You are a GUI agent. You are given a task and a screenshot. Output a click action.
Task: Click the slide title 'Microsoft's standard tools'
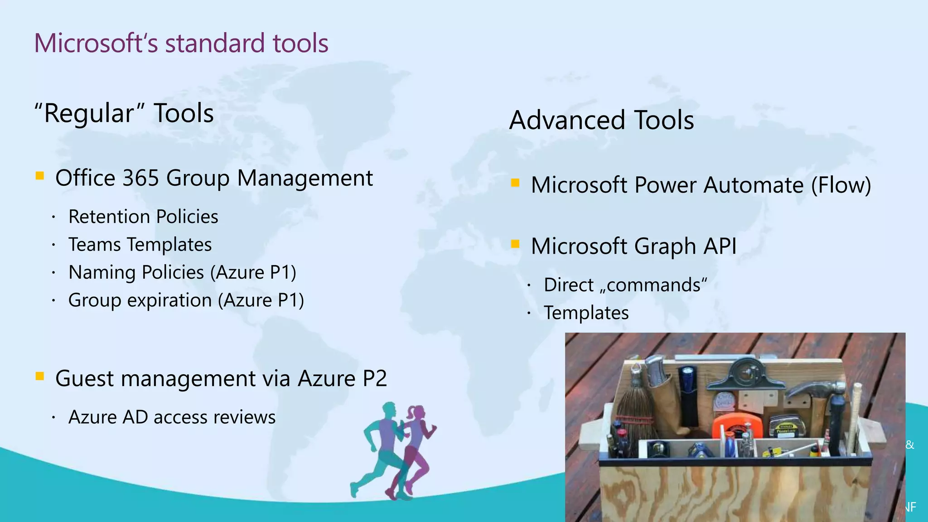point(181,43)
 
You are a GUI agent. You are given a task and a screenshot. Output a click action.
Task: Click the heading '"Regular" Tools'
point(124,113)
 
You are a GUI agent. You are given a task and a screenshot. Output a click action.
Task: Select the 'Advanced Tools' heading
point(601,120)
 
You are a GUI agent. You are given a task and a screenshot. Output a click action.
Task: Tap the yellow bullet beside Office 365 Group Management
point(40,176)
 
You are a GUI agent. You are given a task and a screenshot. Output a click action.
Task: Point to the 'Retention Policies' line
point(143,217)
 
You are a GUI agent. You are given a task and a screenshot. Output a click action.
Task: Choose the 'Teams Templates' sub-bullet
point(140,245)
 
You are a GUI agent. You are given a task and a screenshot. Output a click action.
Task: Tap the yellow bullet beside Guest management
point(40,376)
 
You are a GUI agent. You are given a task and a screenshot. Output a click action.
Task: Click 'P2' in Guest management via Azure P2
point(374,378)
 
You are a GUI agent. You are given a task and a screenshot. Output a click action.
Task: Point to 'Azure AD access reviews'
point(172,417)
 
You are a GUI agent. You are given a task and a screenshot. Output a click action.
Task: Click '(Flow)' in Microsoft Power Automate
point(841,185)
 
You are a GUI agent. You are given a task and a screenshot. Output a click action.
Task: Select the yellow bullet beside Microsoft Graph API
point(515,244)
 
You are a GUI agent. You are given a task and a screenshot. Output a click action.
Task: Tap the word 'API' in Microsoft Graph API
point(720,246)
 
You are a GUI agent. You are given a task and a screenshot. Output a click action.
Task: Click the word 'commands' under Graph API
point(653,285)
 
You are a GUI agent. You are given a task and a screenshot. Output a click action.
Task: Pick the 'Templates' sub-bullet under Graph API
point(586,313)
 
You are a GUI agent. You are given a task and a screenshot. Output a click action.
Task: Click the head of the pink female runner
point(417,412)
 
